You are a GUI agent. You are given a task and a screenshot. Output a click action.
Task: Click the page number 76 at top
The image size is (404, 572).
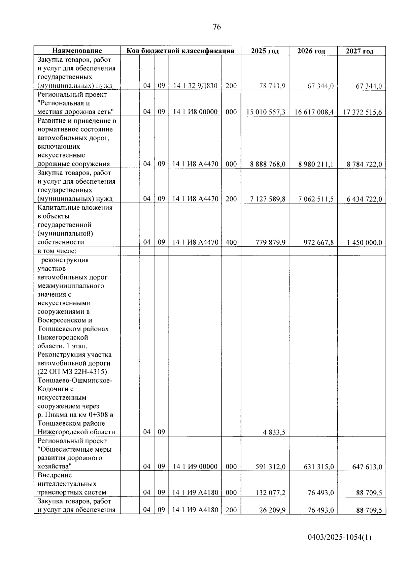(217, 27)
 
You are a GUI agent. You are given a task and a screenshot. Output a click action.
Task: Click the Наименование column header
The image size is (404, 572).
(77, 51)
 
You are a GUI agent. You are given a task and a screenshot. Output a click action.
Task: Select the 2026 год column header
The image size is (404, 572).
(311, 51)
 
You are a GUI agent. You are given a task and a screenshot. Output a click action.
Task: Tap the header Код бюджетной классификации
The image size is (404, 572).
(180, 51)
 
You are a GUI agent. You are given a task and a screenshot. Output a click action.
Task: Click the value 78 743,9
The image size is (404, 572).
(272, 86)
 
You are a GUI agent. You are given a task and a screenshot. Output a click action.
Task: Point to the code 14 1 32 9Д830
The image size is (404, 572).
(195, 86)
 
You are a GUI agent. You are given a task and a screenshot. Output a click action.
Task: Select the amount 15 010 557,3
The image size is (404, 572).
(266, 112)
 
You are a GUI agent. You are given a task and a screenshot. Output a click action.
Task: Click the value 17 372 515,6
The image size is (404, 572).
(362, 112)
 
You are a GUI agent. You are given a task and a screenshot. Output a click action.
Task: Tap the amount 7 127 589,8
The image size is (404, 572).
(268, 199)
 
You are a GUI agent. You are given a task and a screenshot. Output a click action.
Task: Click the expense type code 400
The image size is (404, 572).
(231, 242)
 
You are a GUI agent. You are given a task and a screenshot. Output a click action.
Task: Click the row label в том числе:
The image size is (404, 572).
(57, 251)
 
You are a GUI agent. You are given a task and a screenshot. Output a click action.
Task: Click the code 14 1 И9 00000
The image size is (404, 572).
(195, 467)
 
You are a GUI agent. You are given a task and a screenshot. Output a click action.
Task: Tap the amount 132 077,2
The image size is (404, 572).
(270, 493)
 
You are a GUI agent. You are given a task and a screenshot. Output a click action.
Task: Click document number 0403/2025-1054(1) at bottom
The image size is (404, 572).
(339, 537)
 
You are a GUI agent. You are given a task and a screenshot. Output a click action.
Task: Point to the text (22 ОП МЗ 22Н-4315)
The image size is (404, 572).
(72, 372)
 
